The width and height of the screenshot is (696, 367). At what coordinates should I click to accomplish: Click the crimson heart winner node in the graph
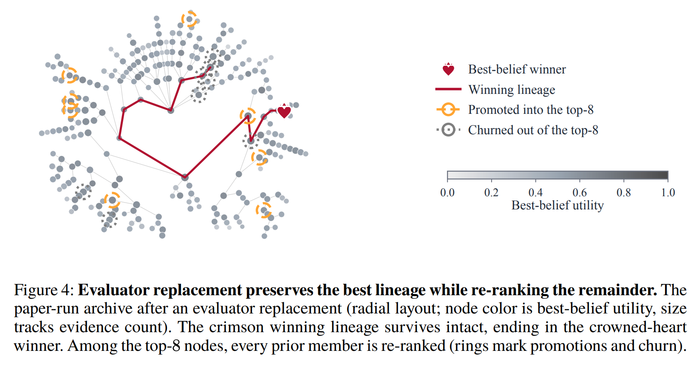point(284,111)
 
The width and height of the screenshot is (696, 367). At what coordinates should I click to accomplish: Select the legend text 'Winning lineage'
point(512,90)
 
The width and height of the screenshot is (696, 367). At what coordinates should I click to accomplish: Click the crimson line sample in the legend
point(448,90)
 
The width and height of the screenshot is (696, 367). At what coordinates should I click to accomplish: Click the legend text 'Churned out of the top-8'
point(533,130)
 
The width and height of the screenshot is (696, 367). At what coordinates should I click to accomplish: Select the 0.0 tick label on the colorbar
point(447,192)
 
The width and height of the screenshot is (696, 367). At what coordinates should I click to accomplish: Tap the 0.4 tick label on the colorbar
point(536,192)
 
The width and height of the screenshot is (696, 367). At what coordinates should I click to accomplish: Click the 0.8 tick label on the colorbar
point(624,192)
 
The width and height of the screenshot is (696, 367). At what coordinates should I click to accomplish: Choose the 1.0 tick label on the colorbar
point(668,192)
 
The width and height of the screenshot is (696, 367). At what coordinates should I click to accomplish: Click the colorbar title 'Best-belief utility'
point(557,205)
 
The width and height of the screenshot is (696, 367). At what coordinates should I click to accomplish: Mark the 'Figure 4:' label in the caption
point(44,290)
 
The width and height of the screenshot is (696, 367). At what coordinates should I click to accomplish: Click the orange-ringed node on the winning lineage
point(248,116)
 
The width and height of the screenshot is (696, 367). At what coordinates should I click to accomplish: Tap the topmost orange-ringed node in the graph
point(189,19)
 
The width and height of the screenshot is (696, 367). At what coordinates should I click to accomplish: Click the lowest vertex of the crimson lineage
point(185,177)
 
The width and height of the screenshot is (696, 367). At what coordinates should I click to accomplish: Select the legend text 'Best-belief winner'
point(517,69)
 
